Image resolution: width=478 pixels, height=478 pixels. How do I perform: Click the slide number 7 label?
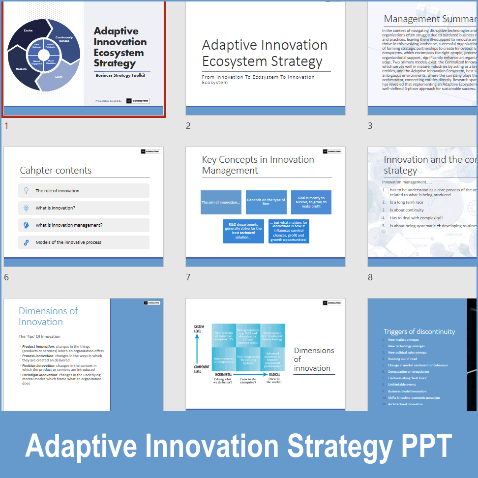[188, 277]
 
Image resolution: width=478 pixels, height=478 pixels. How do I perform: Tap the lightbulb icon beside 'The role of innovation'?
[26, 190]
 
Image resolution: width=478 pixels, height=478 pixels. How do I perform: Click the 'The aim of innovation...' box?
[221, 203]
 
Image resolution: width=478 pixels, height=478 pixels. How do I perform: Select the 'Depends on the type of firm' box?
[266, 202]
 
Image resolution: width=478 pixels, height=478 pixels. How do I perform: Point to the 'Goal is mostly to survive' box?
[311, 202]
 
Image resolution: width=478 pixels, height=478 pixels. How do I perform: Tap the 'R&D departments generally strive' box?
[243, 231]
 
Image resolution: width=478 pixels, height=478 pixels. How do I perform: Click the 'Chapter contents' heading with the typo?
[56, 171]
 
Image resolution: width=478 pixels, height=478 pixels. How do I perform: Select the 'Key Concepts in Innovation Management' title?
[258, 165]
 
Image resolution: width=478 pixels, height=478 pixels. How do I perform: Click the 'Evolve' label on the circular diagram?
[29, 30]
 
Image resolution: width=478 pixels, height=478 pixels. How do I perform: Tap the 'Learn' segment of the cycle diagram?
[59, 77]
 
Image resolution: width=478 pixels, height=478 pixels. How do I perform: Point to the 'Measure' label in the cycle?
[21, 69]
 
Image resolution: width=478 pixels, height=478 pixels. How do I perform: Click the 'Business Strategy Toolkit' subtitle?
[120, 75]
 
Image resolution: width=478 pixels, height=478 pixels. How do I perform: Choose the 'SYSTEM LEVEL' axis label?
[199, 329]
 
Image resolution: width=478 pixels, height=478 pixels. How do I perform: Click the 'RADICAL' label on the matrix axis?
[274, 374]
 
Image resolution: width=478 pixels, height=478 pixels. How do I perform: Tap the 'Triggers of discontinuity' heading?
[419, 331]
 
